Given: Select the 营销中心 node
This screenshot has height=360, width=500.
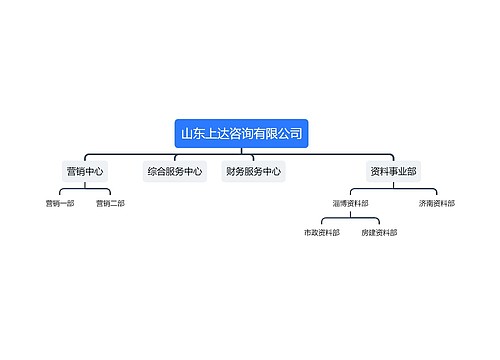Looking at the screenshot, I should tap(85, 171).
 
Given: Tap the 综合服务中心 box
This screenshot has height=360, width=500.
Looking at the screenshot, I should tap(175, 171).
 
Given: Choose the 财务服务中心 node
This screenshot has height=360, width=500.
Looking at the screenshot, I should tap(252, 171).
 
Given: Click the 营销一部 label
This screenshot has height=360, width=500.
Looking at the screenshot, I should tap(59, 203).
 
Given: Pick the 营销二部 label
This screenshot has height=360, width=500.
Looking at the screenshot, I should tap(110, 203).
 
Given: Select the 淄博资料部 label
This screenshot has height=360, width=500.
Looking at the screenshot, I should tap(350, 203).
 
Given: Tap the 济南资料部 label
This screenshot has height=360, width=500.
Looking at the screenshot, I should tap(436, 203).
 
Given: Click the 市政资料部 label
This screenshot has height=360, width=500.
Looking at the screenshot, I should tap(322, 232).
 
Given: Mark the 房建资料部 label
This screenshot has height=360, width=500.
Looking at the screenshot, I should tap(379, 232).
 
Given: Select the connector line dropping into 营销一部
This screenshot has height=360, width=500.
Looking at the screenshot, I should tap(59, 194).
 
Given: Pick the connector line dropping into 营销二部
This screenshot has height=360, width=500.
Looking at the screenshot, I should tap(110, 194).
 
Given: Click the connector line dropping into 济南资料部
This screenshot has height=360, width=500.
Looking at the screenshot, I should tap(436, 194).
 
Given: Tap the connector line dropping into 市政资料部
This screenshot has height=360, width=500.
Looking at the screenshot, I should tap(322, 223).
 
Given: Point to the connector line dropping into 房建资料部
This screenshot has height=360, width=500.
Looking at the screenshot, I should tap(379, 223).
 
